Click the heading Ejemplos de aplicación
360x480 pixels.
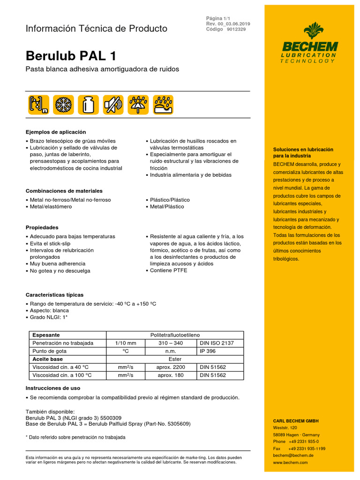56,132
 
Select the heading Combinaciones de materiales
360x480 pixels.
64,191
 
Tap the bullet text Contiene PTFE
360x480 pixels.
168,270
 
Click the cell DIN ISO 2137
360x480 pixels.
217,343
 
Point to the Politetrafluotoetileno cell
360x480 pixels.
174,335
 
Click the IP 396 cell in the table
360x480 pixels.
208,351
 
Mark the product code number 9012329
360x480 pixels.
236,29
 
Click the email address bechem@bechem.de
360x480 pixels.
293,455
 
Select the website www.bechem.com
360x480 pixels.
290,462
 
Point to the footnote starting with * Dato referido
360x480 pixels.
75,437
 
